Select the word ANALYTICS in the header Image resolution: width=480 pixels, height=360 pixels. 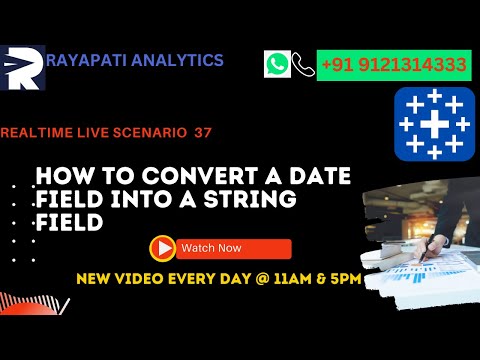tap(182, 61)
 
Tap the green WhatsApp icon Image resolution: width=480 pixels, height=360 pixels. tap(277, 65)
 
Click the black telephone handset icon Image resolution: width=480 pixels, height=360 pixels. tap(303, 66)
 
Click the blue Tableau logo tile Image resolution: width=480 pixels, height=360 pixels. tap(434, 125)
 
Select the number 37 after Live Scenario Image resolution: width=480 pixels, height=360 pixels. tap(203, 132)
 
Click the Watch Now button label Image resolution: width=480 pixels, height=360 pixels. tap(210, 248)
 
